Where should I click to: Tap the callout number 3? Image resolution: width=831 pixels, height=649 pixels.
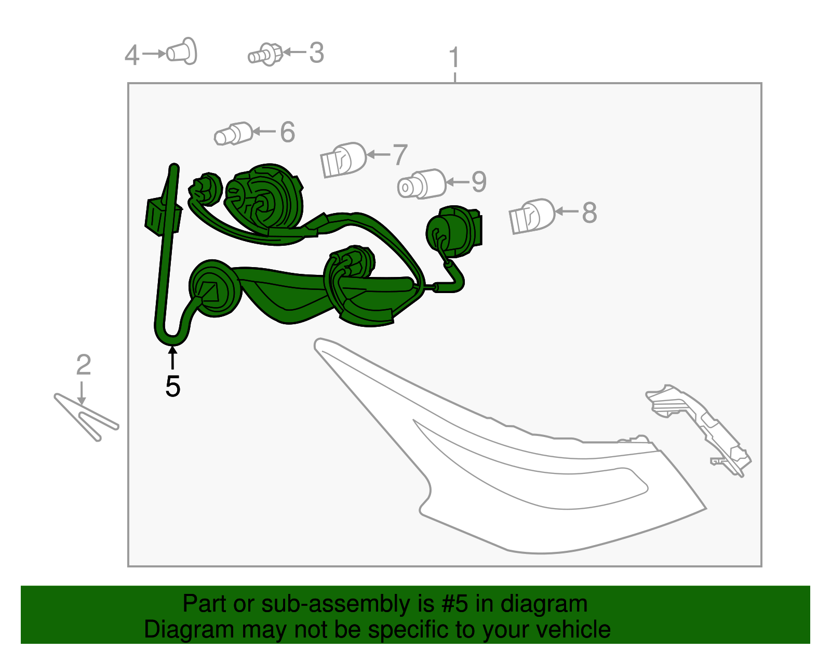pyautogui.click(x=317, y=52)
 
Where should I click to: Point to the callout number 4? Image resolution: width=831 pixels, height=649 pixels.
pyautogui.click(x=131, y=56)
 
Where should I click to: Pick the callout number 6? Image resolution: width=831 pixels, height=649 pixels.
pyautogui.click(x=288, y=132)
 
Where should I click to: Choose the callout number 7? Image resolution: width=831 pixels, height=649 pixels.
pyautogui.click(x=400, y=154)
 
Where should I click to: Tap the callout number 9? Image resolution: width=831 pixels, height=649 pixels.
pyautogui.click(x=479, y=182)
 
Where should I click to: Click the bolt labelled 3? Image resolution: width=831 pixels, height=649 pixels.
pyautogui.click(x=265, y=55)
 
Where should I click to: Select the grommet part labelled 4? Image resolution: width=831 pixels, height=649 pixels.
pyautogui.click(x=182, y=51)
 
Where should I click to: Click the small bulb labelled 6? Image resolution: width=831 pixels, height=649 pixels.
pyautogui.click(x=233, y=134)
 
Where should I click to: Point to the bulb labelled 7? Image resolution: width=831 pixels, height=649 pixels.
pyautogui.click(x=343, y=160)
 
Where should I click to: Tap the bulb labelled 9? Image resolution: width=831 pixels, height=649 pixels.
pyautogui.click(x=421, y=184)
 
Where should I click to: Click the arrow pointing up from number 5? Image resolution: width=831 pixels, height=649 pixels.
pyautogui.click(x=173, y=357)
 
